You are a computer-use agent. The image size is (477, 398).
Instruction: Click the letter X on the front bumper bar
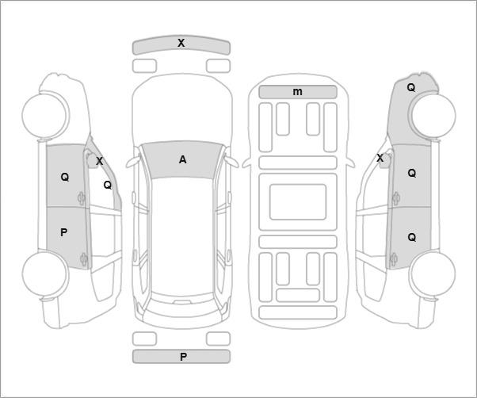point(181,43)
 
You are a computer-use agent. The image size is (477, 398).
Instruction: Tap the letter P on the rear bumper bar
point(183,357)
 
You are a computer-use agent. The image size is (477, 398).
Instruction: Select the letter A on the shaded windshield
point(182,159)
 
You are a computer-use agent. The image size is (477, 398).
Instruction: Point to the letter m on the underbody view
point(297,92)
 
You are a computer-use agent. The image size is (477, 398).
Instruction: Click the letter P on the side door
point(63,232)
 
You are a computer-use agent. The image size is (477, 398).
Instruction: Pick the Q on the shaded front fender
point(411,88)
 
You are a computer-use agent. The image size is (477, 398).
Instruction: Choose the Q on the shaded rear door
point(411,237)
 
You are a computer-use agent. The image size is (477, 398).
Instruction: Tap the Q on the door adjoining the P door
point(65,177)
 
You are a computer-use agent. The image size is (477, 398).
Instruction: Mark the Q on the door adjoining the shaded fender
point(411,173)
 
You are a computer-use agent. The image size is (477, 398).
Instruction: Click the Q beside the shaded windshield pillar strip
point(108,185)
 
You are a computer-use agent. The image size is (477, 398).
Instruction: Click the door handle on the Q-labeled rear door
point(394,259)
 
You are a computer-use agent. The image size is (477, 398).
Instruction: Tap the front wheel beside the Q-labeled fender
point(433,115)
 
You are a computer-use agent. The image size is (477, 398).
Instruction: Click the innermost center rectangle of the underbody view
point(298,202)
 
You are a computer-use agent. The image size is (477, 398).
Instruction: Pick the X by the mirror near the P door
point(100,161)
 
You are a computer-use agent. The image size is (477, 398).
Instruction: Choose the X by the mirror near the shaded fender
point(380,159)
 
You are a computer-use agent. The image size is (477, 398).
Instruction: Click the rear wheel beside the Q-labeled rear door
point(433,274)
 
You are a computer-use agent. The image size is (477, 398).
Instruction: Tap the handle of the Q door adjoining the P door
point(82,198)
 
